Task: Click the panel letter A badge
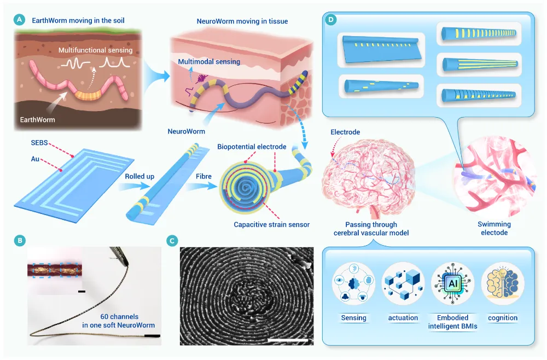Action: [20, 20]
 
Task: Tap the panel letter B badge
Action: [20, 240]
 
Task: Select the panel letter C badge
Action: [172, 240]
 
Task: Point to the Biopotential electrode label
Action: [252, 147]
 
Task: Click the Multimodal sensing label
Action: [209, 62]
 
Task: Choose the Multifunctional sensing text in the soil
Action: [96, 50]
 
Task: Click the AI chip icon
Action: [452, 285]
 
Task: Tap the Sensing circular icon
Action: [353, 285]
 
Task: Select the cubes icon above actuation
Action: [403, 285]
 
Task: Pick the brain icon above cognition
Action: [502, 285]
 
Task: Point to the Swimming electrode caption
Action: [494, 228]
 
